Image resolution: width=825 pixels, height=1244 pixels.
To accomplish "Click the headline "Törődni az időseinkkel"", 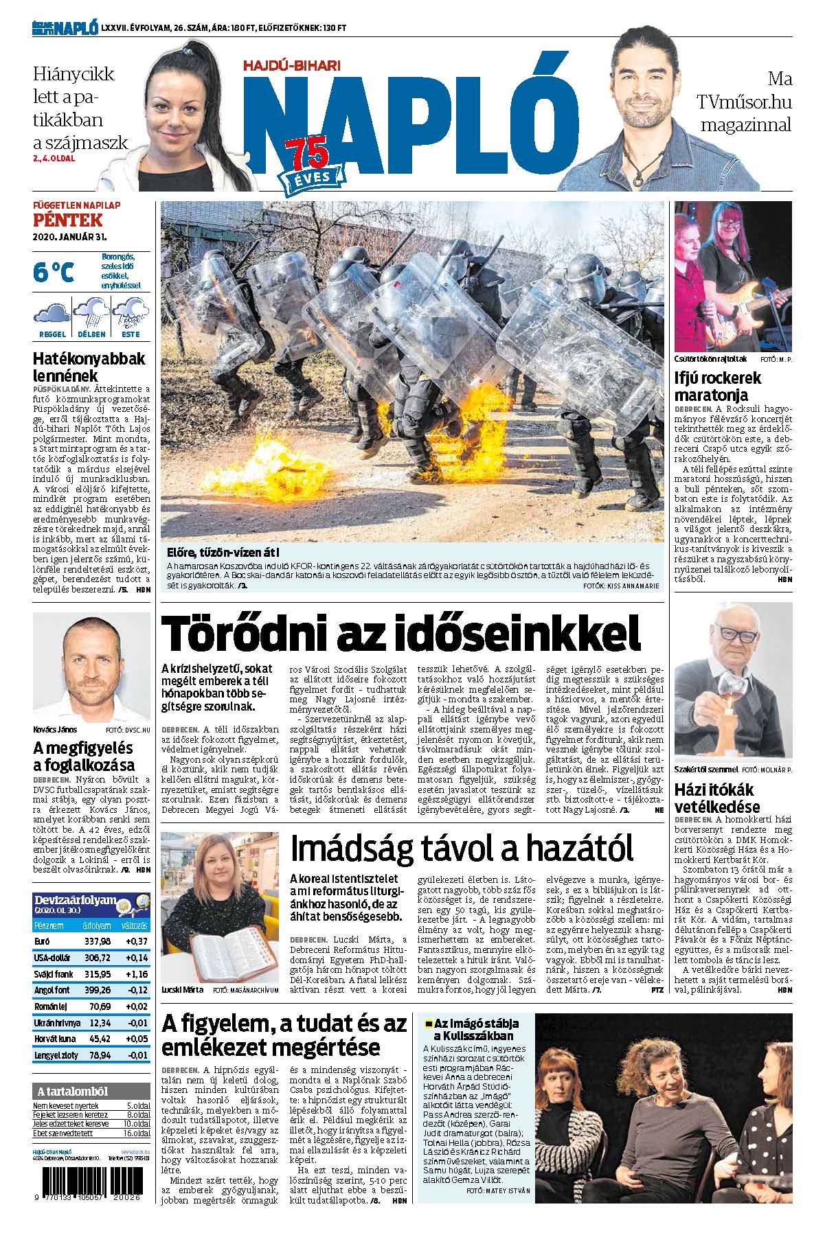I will (x=400, y=634).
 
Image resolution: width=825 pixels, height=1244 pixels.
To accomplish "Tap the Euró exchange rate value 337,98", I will (x=96, y=941).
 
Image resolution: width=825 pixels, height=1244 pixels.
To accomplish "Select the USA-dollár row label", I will (x=52, y=957).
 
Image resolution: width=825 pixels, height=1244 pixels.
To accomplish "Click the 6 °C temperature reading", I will (x=54, y=273).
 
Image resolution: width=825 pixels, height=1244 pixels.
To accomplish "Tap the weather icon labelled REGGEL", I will (x=52, y=314).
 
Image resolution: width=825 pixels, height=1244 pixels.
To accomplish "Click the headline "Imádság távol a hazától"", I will (x=461, y=849).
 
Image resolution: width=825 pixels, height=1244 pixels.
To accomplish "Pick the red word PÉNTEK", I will (x=67, y=220).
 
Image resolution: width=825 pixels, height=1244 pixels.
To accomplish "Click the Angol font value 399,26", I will (x=96, y=990).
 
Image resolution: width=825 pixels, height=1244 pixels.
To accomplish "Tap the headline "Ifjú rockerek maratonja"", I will (x=718, y=386).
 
